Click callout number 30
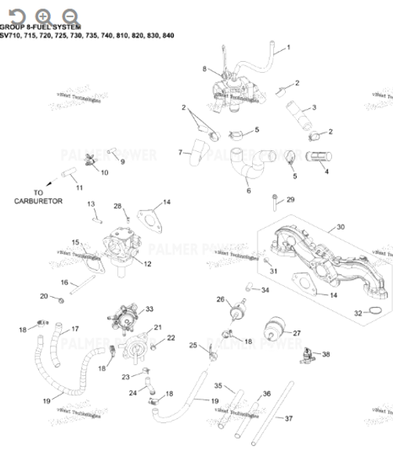340,227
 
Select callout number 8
206,69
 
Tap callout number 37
288,418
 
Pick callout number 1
287,48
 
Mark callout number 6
248,190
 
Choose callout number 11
78,188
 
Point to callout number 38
326,354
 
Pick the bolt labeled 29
273,204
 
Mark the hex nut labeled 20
60,298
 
